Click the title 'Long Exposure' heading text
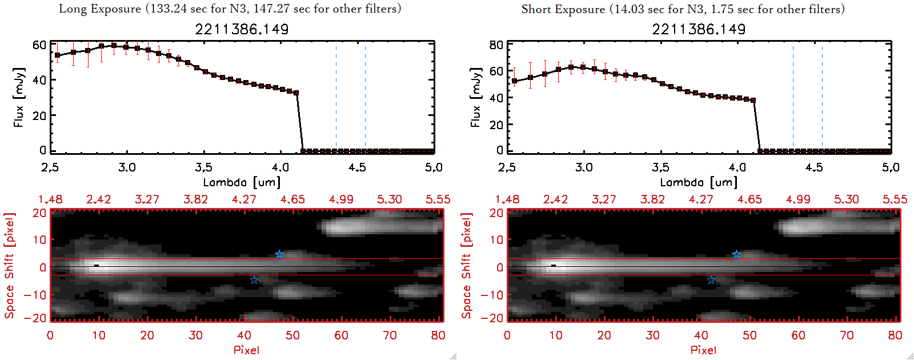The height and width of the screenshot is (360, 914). pyautogui.click(x=100, y=9)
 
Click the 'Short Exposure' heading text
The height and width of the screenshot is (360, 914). pyautogui.click(x=563, y=9)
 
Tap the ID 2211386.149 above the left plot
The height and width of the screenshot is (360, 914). pyautogui.click(x=242, y=29)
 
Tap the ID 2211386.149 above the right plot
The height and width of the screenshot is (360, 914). pyautogui.click(x=699, y=29)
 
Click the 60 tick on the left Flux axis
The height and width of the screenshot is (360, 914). pyautogui.click(x=39, y=45)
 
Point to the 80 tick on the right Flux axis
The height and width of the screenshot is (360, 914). pyautogui.click(x=496, y=45)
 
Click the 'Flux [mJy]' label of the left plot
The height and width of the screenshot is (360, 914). pyautogui.click(x=19, y=97)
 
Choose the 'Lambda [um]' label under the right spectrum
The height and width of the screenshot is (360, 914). pyautogui.click(x=699, y=182)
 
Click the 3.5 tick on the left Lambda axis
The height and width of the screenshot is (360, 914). pyautogui.click(x=203, y=167)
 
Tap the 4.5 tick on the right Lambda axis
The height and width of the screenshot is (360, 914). pyautogui.click(x=814, y=167)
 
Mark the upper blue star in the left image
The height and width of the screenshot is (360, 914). pyautogui.click(x=279, y=254)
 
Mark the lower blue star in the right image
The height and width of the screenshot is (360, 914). pyautogui.click(x=711, y=280)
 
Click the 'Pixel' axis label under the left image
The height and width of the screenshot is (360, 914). pyautogui.click(x=246, y=350)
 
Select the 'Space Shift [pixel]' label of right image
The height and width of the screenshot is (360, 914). pyautogui.click(x=467, y=265)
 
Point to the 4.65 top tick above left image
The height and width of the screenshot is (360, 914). pyautogui.click(x=292, y=199)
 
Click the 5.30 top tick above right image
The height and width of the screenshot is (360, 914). pyautogui.click(x=846, y=199)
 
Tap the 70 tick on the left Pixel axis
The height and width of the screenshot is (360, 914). pyautogui.click(x=390, y=335)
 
